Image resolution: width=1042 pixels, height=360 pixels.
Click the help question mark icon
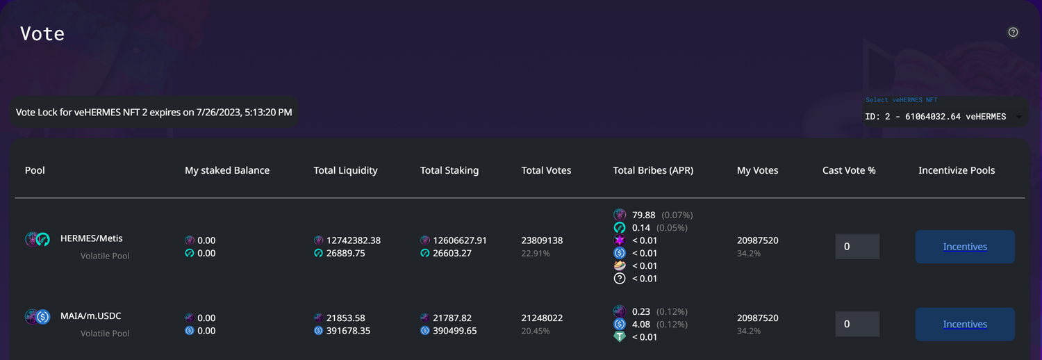click(x=1013, y=32)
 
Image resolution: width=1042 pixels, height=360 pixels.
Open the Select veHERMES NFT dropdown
click(x=945, y=117)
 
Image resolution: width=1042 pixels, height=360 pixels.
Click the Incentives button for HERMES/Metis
click(x=965, y=247)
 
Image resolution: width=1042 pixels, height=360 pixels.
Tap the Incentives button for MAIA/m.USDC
click(x=965, y=325)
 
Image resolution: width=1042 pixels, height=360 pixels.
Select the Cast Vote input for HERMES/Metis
click(x=857, y=247)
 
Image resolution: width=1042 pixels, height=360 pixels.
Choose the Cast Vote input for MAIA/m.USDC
click(x=857, y=325)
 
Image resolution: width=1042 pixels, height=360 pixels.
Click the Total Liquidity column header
click(x=345, y=170)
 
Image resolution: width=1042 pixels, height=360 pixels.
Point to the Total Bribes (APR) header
click(x=653, y=170)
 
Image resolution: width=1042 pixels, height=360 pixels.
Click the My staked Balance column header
click(x=227, y=170)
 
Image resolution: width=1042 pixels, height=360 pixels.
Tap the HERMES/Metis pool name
click(x=92, y=238)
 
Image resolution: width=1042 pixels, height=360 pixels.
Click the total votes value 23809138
click(x=542, y=240)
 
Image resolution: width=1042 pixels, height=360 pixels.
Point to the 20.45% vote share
click(x=536, y=331)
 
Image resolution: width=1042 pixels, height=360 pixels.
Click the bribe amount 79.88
click(x=644, y=215)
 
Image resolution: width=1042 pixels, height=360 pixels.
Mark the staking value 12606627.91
click(x=460, y=240)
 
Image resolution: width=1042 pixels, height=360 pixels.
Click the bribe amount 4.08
click(x=641, y=325)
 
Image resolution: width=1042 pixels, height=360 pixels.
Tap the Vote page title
click(x=42, y=33)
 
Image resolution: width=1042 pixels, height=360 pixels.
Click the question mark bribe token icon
click(x=620, y=279)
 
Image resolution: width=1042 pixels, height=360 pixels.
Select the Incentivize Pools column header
click(x=957, y=170)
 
